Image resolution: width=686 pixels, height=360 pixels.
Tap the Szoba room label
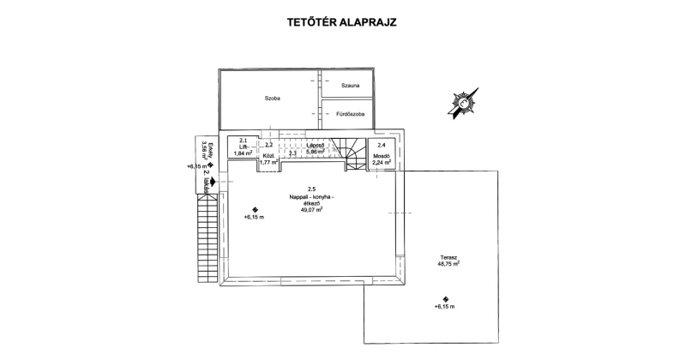272,99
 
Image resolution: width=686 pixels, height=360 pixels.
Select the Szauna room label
351,87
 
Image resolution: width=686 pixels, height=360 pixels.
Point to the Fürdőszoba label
351,114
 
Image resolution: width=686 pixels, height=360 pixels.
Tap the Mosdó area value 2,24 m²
382,162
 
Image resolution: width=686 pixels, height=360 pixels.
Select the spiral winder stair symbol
353,154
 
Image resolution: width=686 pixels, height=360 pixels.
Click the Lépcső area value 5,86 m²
315,152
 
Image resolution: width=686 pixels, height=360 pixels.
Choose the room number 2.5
311,188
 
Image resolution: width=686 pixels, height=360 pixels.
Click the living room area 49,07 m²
311,209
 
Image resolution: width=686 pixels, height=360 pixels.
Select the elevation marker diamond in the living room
255,210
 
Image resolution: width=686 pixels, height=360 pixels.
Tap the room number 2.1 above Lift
244,140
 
